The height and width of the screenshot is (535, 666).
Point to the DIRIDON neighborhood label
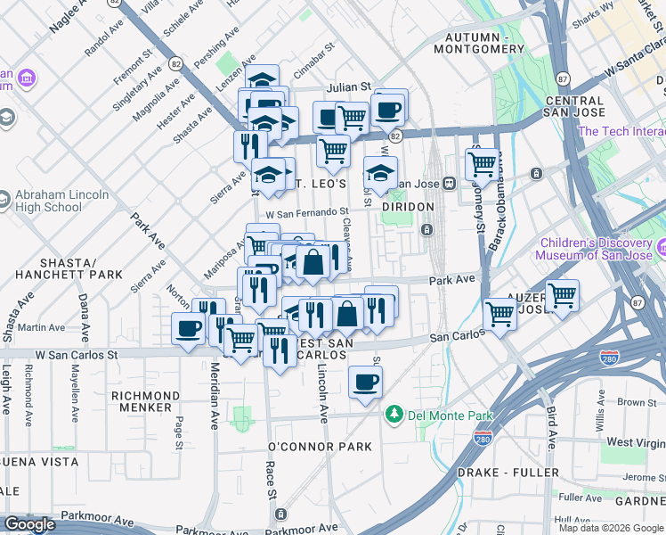407,207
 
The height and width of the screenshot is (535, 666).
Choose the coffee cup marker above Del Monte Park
365,382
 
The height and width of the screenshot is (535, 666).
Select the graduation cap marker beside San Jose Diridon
380,172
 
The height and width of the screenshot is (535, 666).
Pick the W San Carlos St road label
77,354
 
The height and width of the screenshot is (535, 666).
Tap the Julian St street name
347,86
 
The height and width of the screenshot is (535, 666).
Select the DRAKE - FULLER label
508,473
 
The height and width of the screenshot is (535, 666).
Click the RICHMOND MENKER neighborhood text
145,402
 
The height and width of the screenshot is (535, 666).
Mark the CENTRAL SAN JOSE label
574,107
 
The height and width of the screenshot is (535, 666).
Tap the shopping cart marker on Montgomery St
482,163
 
